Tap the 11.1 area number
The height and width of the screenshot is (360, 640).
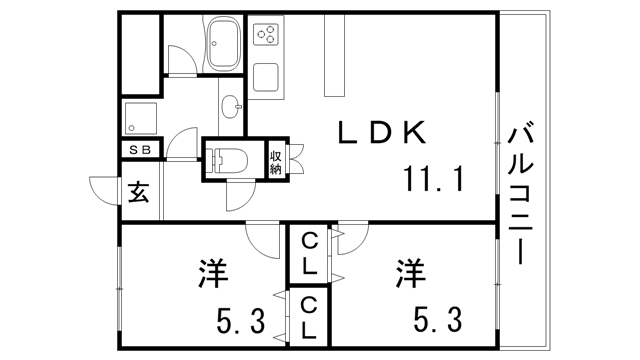tap(434, 179)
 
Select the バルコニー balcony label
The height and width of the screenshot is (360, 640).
tap(519, 193)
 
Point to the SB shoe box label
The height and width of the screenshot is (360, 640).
tap(139, 150)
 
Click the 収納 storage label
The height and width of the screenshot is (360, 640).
tap(276, 161)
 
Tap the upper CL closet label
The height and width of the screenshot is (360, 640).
tap(310, 254)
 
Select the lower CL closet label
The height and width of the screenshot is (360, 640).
tap(310, 319)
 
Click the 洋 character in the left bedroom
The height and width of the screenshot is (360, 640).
tap(209, 273)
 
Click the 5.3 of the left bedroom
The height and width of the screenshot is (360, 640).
tap(240, 321)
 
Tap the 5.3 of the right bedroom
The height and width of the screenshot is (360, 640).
tap(437, 321)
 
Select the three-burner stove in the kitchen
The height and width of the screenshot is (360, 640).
tap(267, 37)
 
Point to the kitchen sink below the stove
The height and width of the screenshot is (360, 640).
tap(266, 76)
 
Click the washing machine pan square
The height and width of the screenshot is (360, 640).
tap(138, 117)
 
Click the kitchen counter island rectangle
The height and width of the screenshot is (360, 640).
tap(333, 60)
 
